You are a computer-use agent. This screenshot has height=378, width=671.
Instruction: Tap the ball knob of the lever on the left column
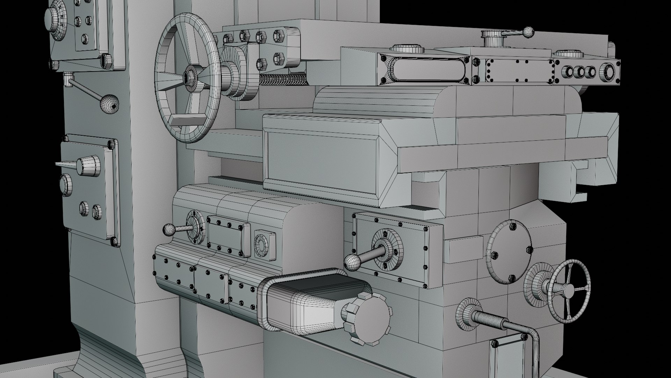(109, 103)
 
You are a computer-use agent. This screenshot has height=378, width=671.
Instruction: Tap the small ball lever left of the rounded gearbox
(169, 230)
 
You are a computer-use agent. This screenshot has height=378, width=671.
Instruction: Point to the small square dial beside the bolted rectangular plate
(265, 245)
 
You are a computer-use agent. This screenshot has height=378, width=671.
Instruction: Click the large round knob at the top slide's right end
(607, 73)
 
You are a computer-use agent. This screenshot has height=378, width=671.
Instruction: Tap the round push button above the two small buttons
(66, 184)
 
